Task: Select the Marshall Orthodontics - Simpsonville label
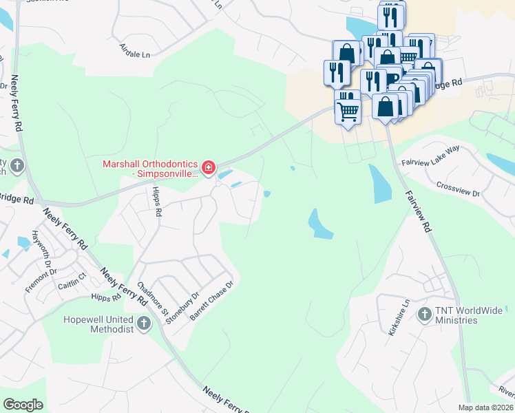point(149,169)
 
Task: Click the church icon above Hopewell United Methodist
point(143,323)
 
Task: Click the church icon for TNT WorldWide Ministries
point(425,315)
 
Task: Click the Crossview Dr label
point(458,189)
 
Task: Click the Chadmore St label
point(153,297)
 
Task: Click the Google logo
point(23,405)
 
